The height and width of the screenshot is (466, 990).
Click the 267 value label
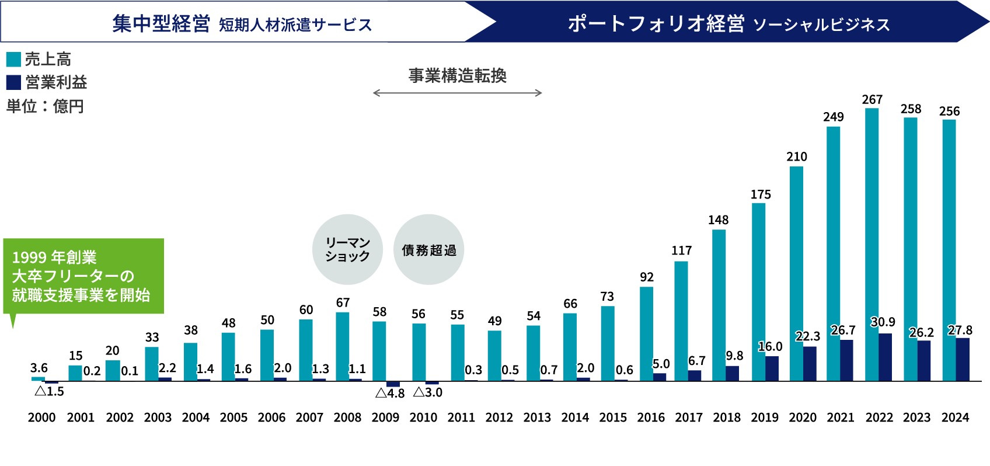click(872, 100)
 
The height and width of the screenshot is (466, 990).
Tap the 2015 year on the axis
click(613, 418)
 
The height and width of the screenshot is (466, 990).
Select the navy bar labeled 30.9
click(891, 357)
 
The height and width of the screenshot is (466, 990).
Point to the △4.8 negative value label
click(390, 393)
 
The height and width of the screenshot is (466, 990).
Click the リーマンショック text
click(347, 249)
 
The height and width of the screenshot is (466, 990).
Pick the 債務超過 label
click(429, 251)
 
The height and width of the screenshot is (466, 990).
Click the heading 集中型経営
click(161, 24)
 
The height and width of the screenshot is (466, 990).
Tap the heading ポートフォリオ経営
click(656, 24)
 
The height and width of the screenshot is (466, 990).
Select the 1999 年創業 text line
click(54, 258)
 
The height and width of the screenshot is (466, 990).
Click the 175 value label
click(761, 194)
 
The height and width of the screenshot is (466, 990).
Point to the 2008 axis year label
click(347, 418)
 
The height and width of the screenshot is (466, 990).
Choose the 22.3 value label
click(808, 336)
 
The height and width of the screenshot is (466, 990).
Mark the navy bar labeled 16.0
click(777, 368)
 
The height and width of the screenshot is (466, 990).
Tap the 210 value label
click(797, 157)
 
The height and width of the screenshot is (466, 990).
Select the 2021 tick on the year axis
click(841, 418)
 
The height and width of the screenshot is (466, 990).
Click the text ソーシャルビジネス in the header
click(821, 25)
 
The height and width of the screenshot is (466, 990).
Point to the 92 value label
click(647, 277)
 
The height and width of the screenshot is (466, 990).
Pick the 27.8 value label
click(960, 331)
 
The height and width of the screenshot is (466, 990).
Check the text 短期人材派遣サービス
click(295, 25)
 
